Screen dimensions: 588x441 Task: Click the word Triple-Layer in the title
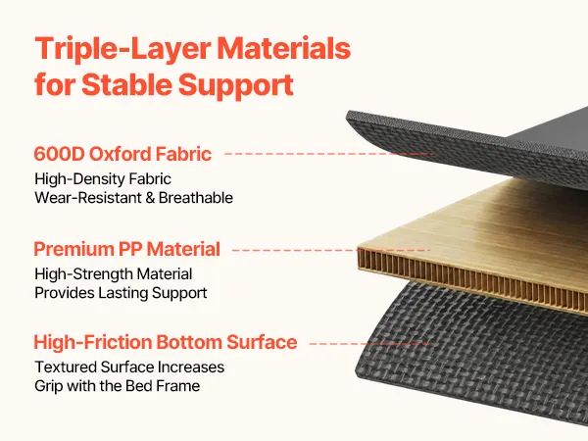122,50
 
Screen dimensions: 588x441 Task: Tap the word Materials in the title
284,48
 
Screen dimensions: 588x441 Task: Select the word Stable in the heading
126,84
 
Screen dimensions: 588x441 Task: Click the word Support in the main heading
236,86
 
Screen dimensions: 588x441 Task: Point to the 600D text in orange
59,154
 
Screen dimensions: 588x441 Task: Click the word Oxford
120,154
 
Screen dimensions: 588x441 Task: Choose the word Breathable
196,198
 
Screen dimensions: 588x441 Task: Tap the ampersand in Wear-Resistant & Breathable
150,198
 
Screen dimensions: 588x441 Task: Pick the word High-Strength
83,274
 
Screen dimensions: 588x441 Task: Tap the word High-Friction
93,342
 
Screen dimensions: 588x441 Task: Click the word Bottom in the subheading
188,342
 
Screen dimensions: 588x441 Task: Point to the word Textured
65,367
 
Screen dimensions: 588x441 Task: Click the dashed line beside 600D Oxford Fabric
328,154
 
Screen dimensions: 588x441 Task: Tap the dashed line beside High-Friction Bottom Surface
369,344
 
